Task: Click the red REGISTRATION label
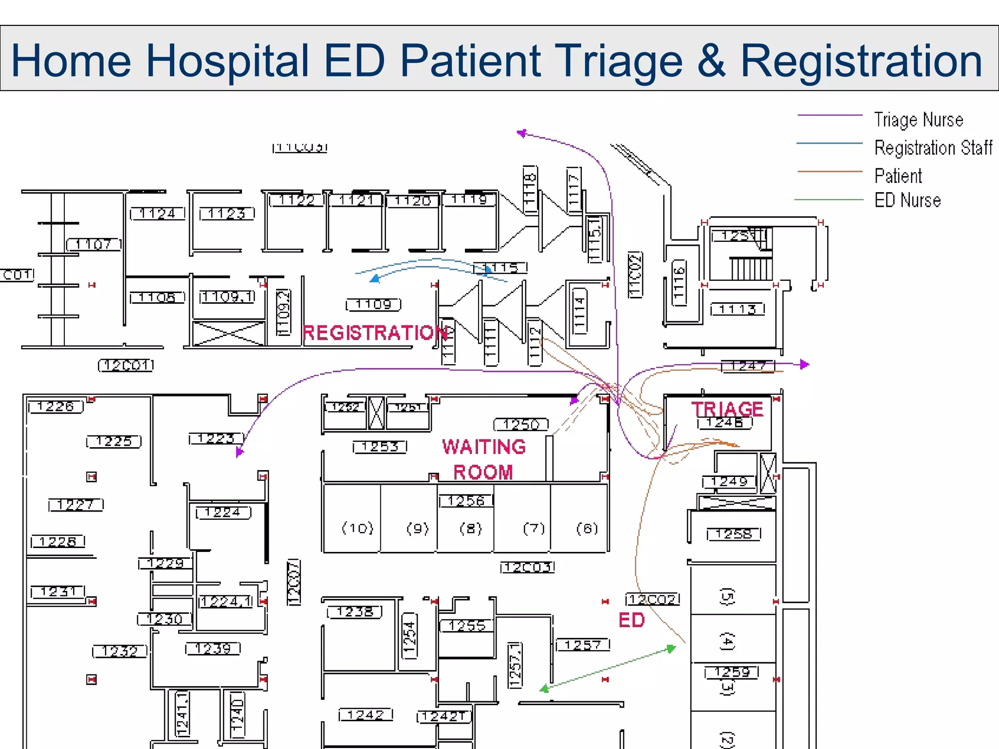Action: (x=375, y=333)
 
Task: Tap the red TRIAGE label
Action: (x=727, y=409)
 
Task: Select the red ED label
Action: (x=631, y=620)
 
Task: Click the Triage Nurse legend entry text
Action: (x=918, y=120)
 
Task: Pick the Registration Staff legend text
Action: (x=933, y=148)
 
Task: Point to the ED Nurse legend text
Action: (x=907, y=200)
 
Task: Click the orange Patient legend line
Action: (x=829, y=172)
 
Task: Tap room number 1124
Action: (x=157, y=214)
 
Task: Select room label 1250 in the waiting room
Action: (x=521, y=425)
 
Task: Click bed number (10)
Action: (x=358, y=528)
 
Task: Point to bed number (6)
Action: (x=587, y=528)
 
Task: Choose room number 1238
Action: (x=355, y=611)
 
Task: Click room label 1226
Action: (x=56, y=407)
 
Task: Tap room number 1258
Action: (x=734, y=534)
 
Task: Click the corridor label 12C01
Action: (x=126, y=365)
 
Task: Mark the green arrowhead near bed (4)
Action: (x=672, y=649)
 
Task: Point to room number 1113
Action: (x=737, y=309)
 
